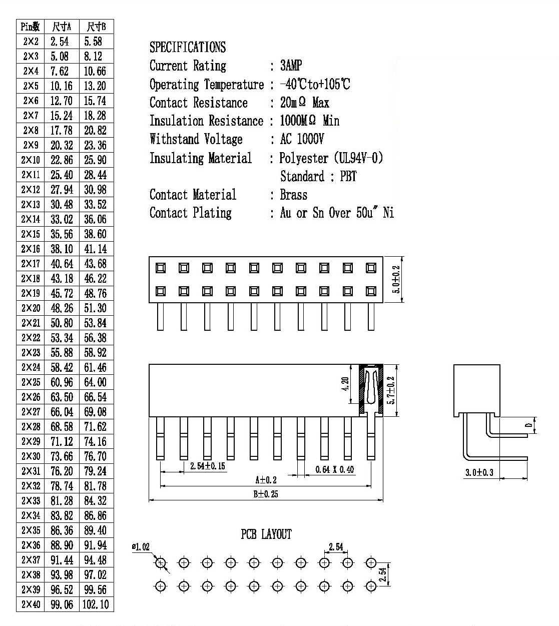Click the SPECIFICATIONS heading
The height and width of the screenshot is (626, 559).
click(188, 47)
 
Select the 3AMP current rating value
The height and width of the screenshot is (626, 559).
click(291, 66)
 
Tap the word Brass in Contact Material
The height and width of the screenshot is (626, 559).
click(294, 195)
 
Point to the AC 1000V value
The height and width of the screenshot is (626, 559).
click(302, 139)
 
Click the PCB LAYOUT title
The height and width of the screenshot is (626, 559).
click(266, 534)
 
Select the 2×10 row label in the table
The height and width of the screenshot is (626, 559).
click(31, 160)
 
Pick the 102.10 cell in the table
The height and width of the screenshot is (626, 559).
click(96, 604)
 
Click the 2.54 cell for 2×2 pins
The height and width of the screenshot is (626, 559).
click(60, 42)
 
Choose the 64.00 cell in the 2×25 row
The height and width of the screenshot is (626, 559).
click(95, 382)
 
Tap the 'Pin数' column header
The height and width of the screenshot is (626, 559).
click(31, 27)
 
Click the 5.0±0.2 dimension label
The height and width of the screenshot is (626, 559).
click(396, 279)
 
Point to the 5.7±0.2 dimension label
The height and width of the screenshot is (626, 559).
click(391, 390)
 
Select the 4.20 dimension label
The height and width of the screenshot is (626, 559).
click(345, 384)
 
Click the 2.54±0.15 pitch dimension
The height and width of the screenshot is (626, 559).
click(208, 466)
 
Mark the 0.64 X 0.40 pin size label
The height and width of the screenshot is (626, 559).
click(334, 470)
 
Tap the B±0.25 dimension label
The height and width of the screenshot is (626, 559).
click(266, 494)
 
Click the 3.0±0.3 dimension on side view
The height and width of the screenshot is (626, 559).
click(479, 472)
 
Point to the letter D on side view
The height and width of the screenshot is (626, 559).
click(529, 425)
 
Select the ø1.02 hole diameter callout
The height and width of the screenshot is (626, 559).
click(141, 547)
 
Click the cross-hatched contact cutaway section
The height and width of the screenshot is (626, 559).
click(371, 390)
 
